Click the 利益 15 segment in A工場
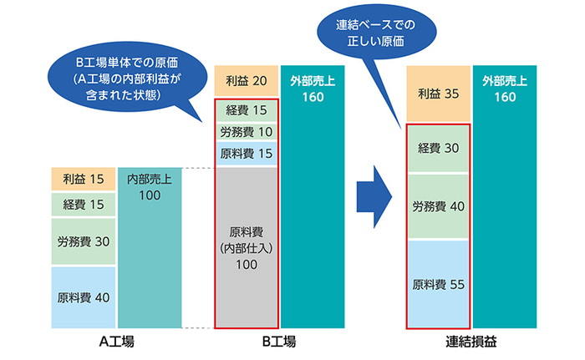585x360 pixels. pyautogui.click(x=82, y=180)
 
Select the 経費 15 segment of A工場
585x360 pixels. pyautogui.click(x=82, y=205)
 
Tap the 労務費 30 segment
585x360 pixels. pyautogui.click(x=82, y=242)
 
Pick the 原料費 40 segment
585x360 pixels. pyautogui.click(x=82, y=297)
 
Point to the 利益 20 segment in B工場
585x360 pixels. pyautogui.click(x=246, y=81)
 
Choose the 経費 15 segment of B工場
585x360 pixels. pyautogui.click(x=246, y=110)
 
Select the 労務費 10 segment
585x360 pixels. pyautogui.click(x=246, y=132)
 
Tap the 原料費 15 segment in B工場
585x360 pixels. pyautogui.click(x=246, y=154)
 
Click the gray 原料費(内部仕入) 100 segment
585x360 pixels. pyautogui.click(x=246, y=246)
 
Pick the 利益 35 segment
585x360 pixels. pyautogui.click(x=437, y=93)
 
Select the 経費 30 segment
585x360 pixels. pyautogui.click(x=437, y=148)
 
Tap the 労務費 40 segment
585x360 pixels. pyautogui.click(x=437, y=205)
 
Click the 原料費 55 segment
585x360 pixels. pyautogui.click(x=437, y=284)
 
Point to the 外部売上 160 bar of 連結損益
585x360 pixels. pyautogui.click(x=504, y=200)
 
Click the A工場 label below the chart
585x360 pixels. pyautogui.click(x=117, y=342)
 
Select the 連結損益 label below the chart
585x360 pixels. pyautogui.click(x=470, y=342)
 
